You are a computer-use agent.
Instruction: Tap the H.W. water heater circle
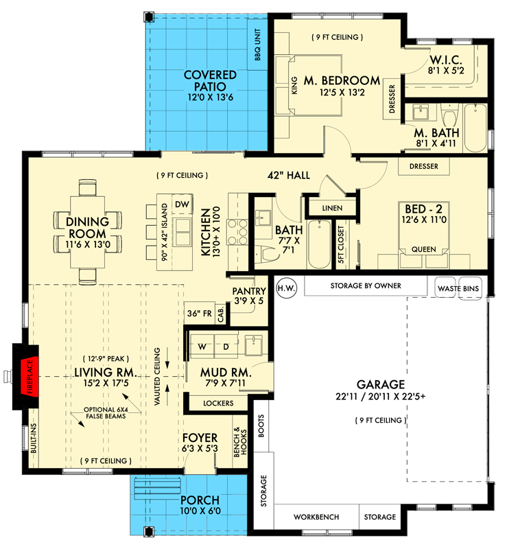click(x=287, y=287)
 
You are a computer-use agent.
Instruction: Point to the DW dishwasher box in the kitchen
click(x=181, y=205)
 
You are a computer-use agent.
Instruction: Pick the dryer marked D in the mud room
click(x=226, y=347)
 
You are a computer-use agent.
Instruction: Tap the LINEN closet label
click(x=331, y=207)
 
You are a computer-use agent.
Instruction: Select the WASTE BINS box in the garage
click(x=458, y=287)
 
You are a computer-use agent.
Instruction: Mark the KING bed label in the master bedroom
click(x=294, y=86)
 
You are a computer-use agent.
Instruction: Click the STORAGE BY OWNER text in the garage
click(x=365, y=286)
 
